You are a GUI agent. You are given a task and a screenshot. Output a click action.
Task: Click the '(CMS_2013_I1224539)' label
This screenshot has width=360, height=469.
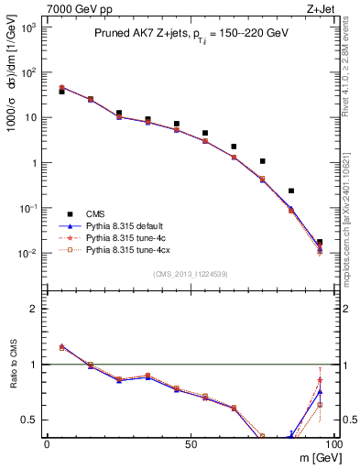coord(191,272)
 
